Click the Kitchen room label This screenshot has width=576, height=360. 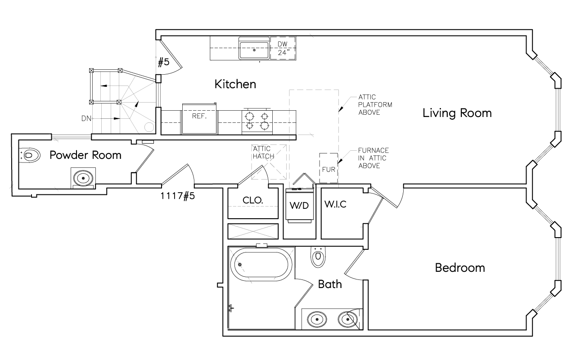tap(235, 84)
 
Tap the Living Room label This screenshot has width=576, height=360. tap(457, 113)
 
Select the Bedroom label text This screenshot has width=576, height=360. tap(460, 268)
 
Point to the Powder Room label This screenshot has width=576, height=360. tap(85, 155)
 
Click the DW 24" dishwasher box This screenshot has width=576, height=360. tap(283, 48)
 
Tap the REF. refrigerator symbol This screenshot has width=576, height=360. tap(199, 118)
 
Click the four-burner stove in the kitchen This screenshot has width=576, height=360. tap(257, 121)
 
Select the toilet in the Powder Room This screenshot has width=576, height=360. tap(30, 155)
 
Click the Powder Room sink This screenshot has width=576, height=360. tap(83, 178)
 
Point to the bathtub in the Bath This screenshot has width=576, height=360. tap(261, 265)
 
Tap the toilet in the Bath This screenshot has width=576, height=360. tap(318, 256)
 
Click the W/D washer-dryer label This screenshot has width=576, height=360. tap(299, 206)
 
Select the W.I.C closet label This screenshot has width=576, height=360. tap(335, 204)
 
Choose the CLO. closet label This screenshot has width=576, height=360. tap(253, 200)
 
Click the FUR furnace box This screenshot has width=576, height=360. tap(328, 168)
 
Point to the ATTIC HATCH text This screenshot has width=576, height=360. tap(263, 153)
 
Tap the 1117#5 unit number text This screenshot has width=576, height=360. tap(178, 196)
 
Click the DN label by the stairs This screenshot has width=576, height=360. tap(86, 118)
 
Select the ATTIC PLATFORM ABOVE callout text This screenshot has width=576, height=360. tap(375, 105)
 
